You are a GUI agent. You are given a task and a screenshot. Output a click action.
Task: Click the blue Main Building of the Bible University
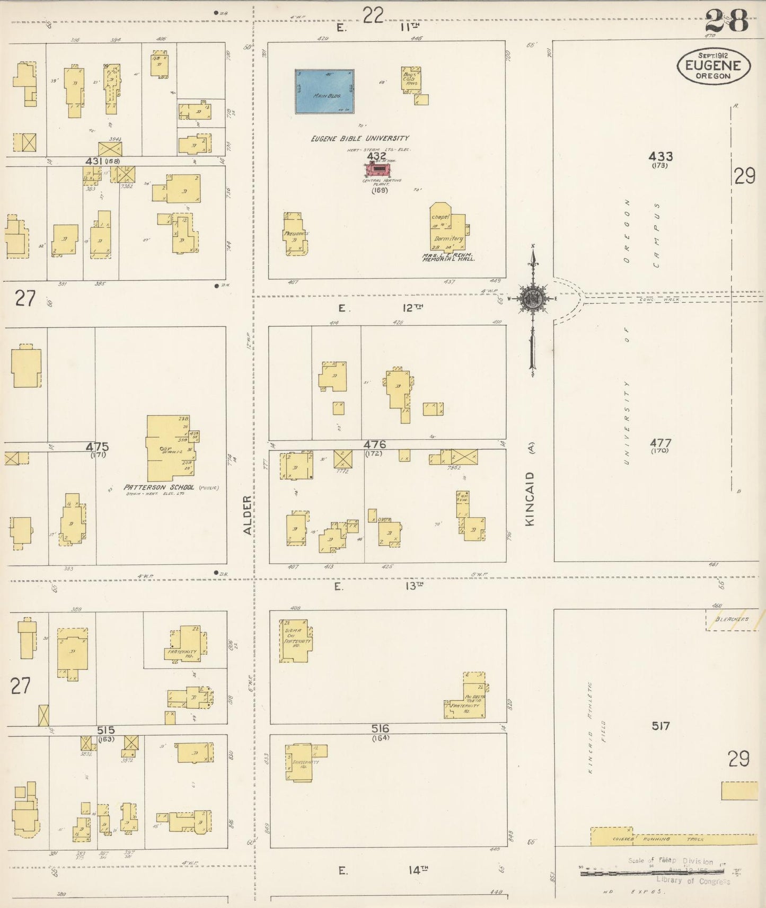coord(324,91)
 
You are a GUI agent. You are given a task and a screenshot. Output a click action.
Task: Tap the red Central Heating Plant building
coord(378,170)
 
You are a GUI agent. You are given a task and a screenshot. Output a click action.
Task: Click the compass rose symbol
coord(532,299)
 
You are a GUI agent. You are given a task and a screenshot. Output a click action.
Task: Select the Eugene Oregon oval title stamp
coord(714,66)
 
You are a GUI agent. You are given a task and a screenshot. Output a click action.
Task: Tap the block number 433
coord(661,156)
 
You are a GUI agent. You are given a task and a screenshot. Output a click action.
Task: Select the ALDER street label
coord(247,514)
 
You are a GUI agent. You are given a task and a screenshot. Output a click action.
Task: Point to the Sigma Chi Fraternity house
coord(295,640)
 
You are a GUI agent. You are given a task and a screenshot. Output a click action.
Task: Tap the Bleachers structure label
coord(732,619)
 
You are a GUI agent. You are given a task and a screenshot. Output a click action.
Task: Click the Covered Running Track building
coord(668,838)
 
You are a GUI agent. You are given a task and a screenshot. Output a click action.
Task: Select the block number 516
coord(381,728)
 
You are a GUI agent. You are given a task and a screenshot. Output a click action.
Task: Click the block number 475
coord(98,447)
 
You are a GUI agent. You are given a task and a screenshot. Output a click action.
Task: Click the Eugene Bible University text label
coord(360,138)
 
